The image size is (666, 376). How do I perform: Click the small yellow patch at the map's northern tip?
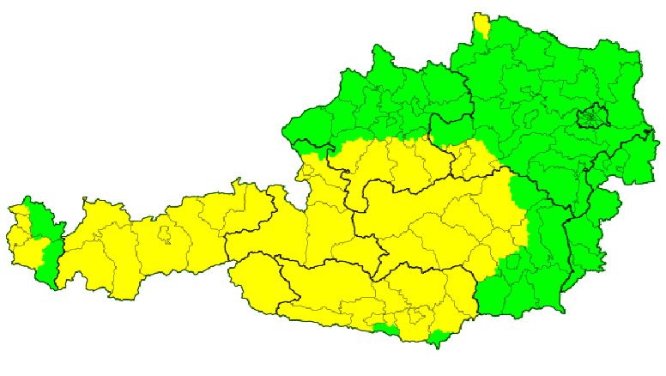click(x=483, y=27)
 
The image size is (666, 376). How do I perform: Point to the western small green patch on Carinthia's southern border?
click(x=383, y=328)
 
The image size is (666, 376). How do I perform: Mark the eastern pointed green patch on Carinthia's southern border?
click(x=439, y=337)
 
